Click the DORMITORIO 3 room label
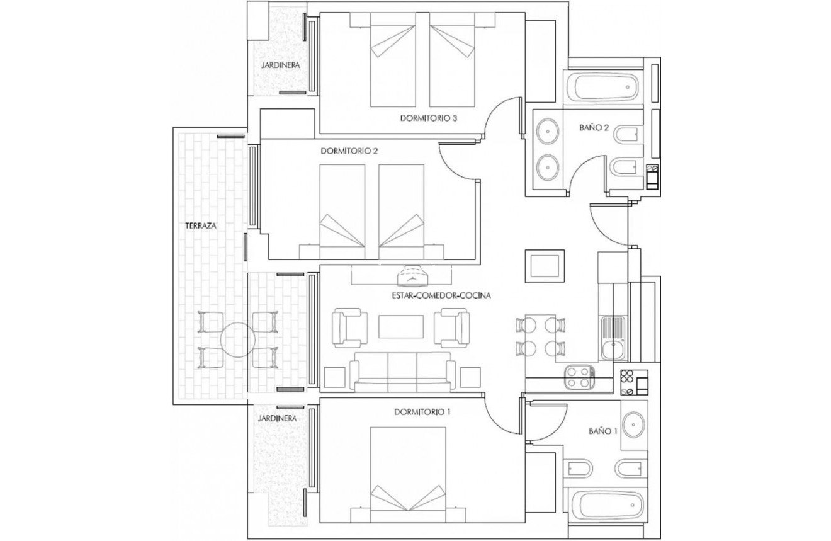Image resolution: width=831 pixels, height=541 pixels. click(428, 118)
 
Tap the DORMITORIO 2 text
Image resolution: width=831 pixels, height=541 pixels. click(348, 151)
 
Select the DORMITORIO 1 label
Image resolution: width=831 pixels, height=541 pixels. click(422, 413)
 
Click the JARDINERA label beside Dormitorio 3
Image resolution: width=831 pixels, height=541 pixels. click(280, 65)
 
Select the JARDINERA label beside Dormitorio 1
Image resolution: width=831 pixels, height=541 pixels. click(278, 417)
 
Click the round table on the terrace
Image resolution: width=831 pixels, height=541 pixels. click(237, 340)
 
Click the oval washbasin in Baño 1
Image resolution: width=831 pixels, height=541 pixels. click(633, 423)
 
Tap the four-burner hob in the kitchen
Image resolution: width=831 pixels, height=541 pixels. click(579, 379)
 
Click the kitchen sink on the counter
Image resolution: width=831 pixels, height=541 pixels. click(611, 337)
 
